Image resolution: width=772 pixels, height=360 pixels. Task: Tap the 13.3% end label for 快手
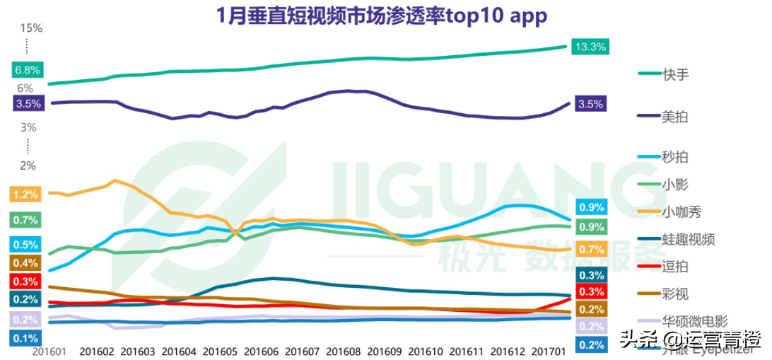tap(590, 47)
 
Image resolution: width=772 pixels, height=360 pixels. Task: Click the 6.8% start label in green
tap(27, 70)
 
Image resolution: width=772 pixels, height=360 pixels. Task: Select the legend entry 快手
tap(675, 74)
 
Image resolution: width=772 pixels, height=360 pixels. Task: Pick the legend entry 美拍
tap(675, 117)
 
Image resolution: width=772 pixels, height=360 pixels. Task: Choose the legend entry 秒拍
tap(675, 157)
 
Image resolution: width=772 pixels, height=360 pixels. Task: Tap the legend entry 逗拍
tap(675, 267)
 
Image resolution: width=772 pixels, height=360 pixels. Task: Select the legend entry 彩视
tap(675, 294)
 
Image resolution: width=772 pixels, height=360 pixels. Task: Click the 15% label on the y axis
tap(31, 28)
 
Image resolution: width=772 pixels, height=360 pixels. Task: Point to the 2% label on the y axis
tap(28, 166)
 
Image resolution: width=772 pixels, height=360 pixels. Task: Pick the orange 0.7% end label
tap(591, 250)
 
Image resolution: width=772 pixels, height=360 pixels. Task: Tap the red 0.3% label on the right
tap(591, 292)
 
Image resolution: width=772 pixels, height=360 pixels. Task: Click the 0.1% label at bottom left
tap(25, 339)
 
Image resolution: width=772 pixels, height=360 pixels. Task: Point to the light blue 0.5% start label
tap(25, 245)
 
